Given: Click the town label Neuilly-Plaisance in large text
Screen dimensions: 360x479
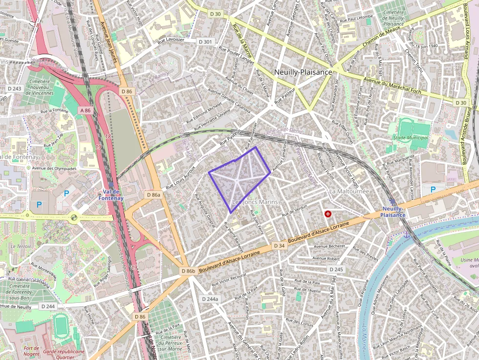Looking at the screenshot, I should tap(303, 72).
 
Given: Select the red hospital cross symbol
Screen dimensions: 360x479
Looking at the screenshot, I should tap(327, 213).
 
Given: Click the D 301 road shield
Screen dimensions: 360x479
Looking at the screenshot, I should tap(206, 42).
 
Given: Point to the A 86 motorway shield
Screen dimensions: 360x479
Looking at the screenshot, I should tap(85, 111).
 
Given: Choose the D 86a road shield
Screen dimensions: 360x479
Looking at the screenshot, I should tap(153, 195).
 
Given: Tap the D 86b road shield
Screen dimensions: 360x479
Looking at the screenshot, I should tap(188, 271).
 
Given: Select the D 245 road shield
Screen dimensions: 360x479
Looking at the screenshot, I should tap(336, 269).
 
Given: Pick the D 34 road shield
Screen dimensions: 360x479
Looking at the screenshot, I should tap(279, 245).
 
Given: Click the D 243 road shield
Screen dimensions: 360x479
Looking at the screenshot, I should tap(15, 88).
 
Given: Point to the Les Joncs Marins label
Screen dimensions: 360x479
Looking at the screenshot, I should tap(255, 202).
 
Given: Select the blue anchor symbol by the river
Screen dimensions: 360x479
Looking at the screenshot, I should tap(406, 235).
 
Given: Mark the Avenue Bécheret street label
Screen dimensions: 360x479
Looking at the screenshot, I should tap(328, 246).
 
